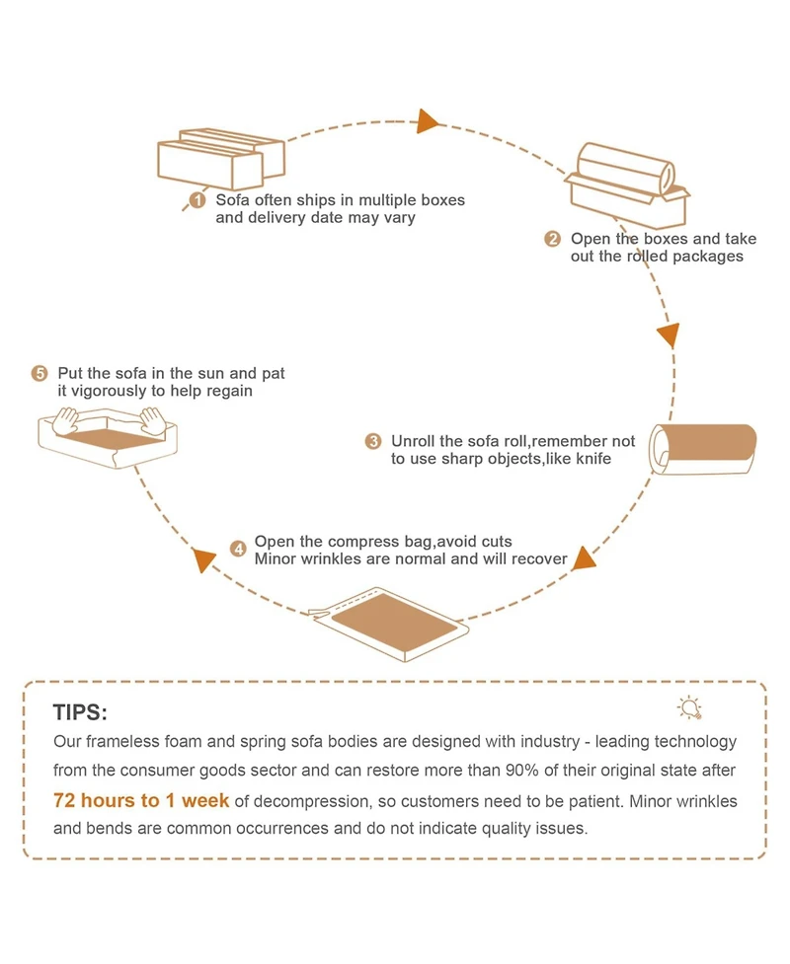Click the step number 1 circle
point(197,200)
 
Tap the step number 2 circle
point(552,239)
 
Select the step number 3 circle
point(373,441)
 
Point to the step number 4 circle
point(238,549)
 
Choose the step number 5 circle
point(39,374)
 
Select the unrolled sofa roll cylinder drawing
point(702,449)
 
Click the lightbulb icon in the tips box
point(688,706)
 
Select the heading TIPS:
point(80,713)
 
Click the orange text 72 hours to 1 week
point(141,799)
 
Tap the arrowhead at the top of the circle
point(428,120)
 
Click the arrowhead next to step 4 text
point(205,560)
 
